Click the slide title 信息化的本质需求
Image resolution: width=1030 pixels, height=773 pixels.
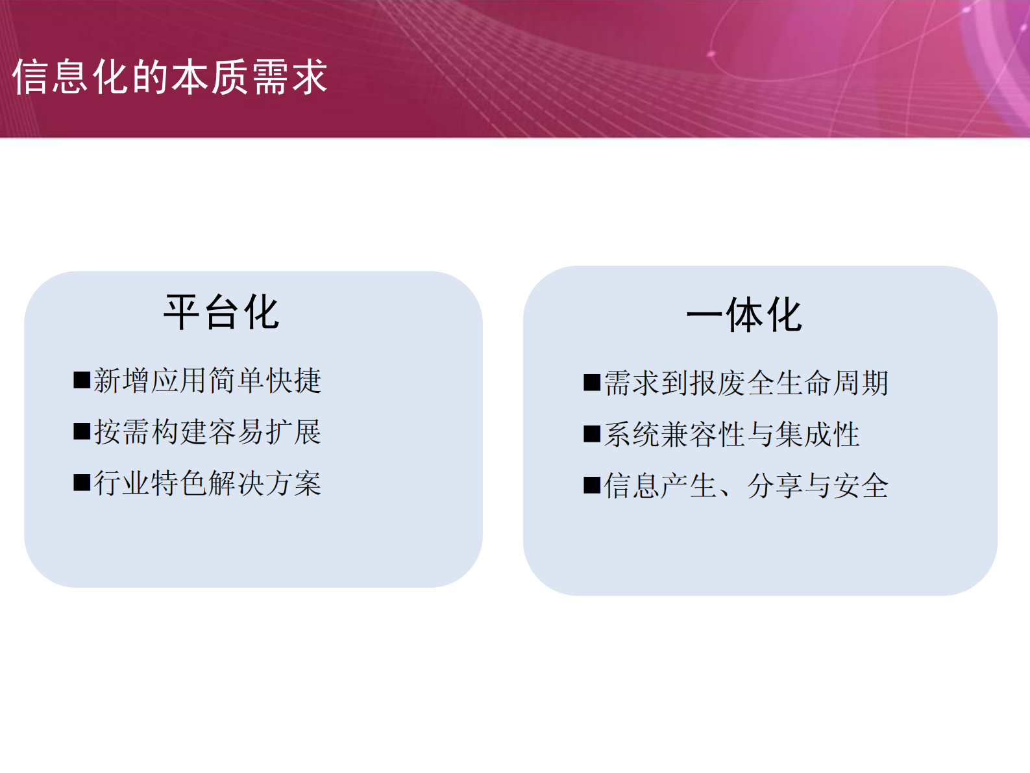[x=170, y=77]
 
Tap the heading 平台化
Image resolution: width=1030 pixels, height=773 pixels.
[x=221, y=312]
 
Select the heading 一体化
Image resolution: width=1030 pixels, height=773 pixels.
[x=744, y=315]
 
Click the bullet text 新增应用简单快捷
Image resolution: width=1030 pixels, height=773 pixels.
[x=207, y=381]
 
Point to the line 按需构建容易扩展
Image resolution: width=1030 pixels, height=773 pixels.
[x=207, y=432]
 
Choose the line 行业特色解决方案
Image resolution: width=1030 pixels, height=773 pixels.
[x=207, y=483]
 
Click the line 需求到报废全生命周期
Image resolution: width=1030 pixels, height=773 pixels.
[x=746, y=383]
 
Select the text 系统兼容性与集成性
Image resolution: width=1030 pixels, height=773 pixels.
[x=731, y=435]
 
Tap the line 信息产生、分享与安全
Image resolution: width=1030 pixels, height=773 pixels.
[x=746, y=486]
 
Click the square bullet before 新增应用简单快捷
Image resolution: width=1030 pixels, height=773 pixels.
[x=82, y=380]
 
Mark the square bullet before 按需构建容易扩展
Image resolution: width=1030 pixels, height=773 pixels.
[x=82, y=431]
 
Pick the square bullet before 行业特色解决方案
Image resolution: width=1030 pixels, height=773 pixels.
[x=82, y=483]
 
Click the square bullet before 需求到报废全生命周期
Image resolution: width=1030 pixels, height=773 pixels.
[x=592, y=383]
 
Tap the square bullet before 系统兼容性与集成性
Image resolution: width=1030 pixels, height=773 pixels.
[x=592, y=434]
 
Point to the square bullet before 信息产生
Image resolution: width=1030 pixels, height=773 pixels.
[x=592, y=485]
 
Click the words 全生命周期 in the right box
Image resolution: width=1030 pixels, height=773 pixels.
[x=818, y=383]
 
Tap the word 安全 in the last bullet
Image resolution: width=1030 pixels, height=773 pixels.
[x=861, y=486]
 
